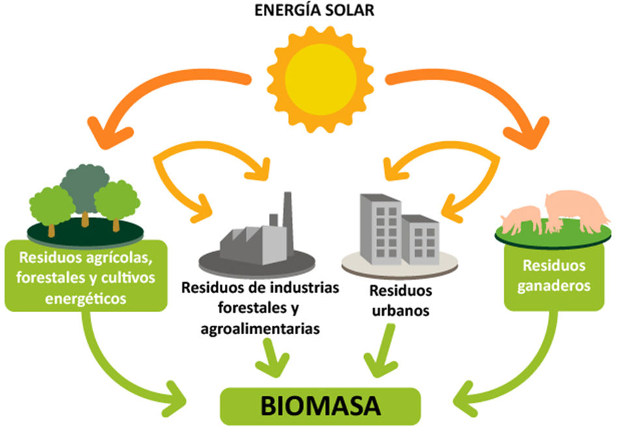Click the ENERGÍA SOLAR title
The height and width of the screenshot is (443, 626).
[314, 10]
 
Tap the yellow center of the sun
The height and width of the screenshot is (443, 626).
[320, 79]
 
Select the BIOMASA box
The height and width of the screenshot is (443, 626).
[320, 407]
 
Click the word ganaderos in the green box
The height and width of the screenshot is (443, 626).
[554, 286]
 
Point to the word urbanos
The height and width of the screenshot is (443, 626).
[401, 311]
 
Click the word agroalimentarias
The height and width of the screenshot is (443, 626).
[260, 328]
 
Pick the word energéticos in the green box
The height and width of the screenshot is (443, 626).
[85, 298]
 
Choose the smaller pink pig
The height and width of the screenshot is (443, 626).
[522, 220]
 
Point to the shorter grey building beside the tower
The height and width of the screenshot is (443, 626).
[420, 240]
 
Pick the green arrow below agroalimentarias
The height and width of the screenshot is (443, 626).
[272, 357]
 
